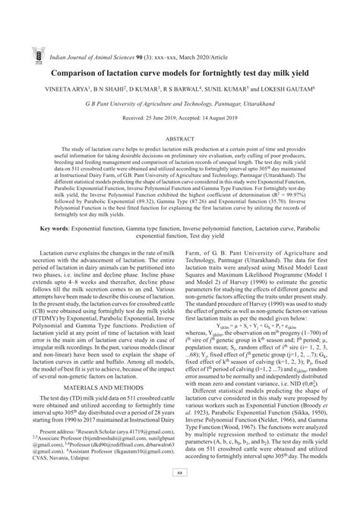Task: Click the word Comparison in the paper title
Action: tap(79, 53)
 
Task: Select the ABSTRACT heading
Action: tap(179, 138)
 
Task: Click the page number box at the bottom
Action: tap(180, 492)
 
